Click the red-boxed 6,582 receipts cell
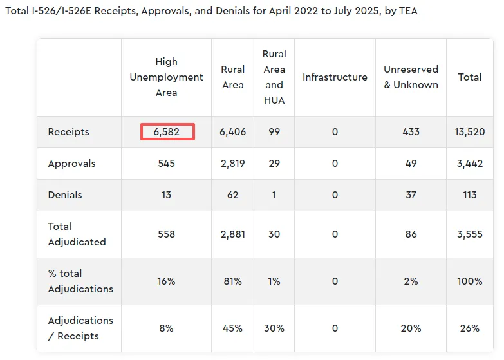pyautogui.click(x=167, y=132)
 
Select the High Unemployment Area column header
pyautogui.click(x=166, y=77)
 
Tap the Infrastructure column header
pyautogui.click(x=335, y=77)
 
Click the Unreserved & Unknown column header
pyautogui.click(x=411, y=77)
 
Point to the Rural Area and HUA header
pyautogui.click(x=274, y=77)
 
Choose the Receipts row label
pyautogui.click(x=69, y=132)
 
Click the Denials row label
pyautogui.click(x=65, y=194)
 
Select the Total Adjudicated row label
pyautogui.click(x=77, y=234)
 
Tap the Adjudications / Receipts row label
pyautogui.click(x=80, y=328)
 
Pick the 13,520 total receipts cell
pyautogui.click(x=470, y=132)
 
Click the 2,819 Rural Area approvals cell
pyautogui.click(x=232, y=164)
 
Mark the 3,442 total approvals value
pyautogui.click(x=470, y=164)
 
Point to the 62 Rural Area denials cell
pyautogui.click(x=232, y=194)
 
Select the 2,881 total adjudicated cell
pyautogui.click(x=232, y=234)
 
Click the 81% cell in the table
pyautogui.click(x=232, y=281)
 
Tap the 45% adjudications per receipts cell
pyautogui.click(x=232, y=328)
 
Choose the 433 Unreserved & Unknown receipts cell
pyautogui.click(x=411, y=132)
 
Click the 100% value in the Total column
pyautogui.click(x=470, y=281)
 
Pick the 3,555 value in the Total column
pyautogui.click(x=470, y=234)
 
